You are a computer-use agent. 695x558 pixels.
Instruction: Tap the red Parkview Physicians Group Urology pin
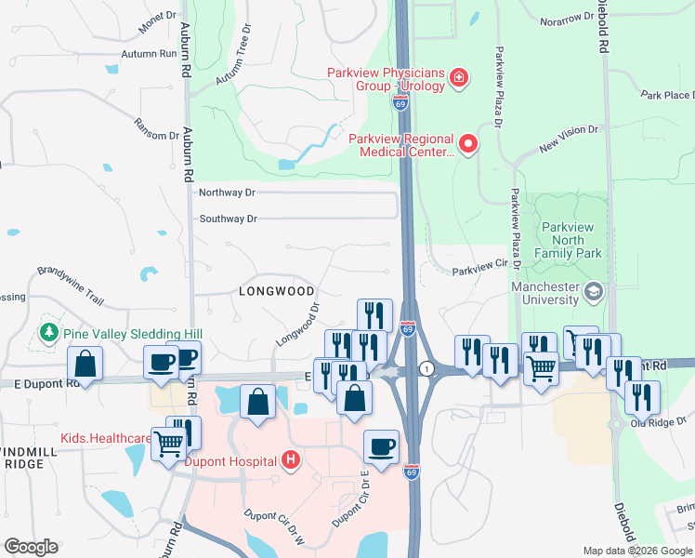458,77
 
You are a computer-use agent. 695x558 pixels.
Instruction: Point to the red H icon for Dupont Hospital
291,459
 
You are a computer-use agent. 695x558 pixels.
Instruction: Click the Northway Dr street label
228,193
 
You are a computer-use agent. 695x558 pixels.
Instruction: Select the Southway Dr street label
228,219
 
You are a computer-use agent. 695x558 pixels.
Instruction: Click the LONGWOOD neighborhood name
276,291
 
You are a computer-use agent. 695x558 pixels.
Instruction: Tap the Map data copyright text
637,551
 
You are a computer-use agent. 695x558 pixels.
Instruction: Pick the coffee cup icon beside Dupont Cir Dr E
381,446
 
